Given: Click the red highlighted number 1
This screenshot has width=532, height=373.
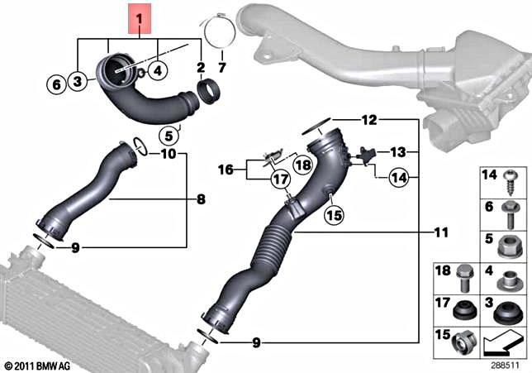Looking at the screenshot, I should pos(140,17).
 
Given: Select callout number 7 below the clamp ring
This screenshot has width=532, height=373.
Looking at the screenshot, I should pos(221,66).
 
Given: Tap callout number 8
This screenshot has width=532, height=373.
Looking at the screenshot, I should pos(201,199).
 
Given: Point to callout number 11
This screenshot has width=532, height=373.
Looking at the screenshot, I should pos(440,232).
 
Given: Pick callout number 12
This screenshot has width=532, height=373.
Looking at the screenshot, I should pos(368,120).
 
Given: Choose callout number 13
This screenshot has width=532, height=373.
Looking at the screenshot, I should pos(399,152).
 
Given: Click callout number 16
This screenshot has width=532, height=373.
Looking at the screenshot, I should pos(226,170).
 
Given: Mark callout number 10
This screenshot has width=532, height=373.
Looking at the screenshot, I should pos(169,154).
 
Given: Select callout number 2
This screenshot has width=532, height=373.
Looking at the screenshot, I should pos(200,66).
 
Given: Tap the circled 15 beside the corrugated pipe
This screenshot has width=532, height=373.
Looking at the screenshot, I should pos(333,215).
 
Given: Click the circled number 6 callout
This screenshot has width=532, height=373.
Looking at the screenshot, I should pos(56,83).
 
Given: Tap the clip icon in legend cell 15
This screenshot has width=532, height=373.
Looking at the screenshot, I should pos(468,341).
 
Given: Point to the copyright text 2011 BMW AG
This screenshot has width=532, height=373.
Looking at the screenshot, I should pos(37,365).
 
